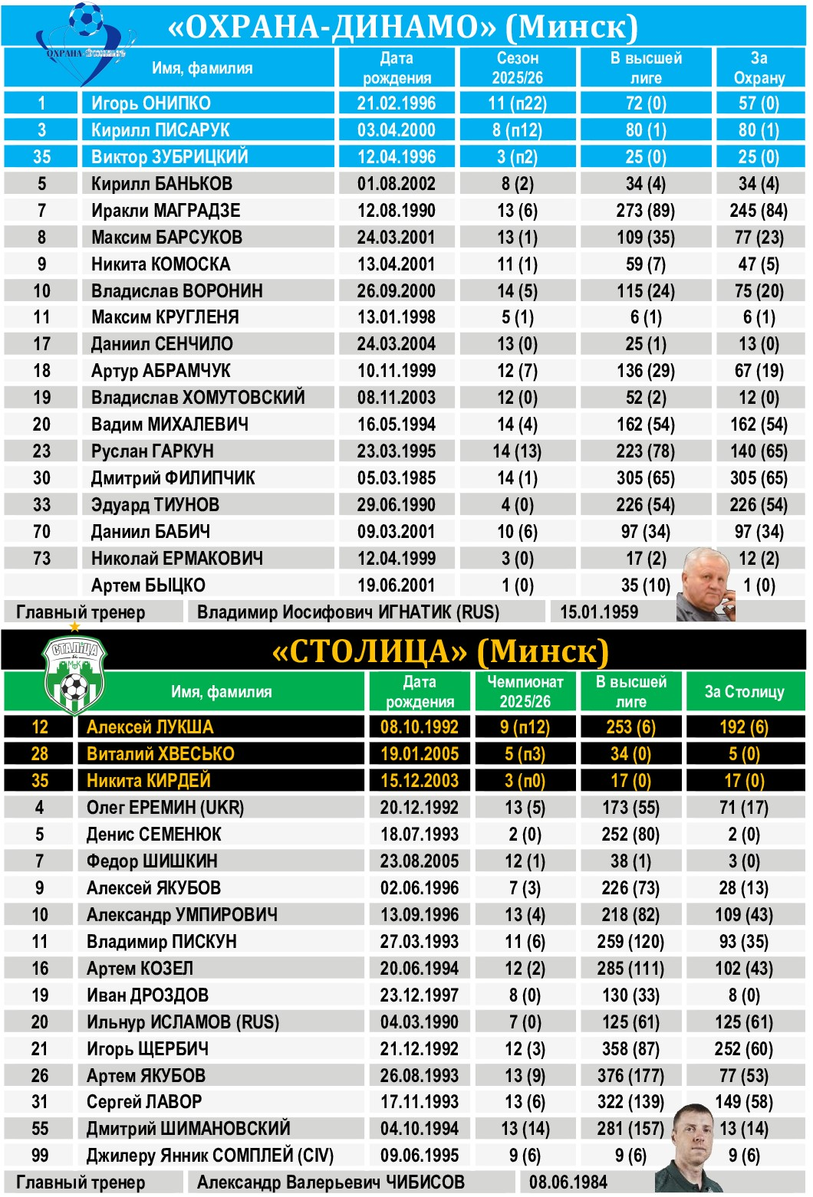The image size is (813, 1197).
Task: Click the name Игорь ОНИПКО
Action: [150, 103]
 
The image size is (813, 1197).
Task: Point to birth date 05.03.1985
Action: [397, 478]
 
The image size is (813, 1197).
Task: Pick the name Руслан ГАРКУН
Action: [152, 451]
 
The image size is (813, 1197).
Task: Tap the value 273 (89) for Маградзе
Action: [645, 211]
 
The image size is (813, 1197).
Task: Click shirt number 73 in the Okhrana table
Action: [41, 559]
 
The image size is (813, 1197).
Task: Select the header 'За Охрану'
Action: [759, 68]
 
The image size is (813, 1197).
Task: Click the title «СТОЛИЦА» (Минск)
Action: [440, 652]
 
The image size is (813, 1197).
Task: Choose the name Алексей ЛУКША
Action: [150, 727]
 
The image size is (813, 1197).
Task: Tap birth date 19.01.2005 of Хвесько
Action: [420, 754]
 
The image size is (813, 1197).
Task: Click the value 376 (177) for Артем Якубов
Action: [630, 1076]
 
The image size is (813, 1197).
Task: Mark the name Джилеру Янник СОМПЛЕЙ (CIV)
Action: [209, 1156]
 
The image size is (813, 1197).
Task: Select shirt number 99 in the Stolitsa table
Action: [40, 1156]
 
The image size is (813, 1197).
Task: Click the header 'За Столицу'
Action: [744, 692]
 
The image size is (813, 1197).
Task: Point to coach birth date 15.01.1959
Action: [599, 612]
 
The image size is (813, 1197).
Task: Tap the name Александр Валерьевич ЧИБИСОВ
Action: [331, 1182]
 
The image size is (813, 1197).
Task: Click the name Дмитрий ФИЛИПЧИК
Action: [173, 478]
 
